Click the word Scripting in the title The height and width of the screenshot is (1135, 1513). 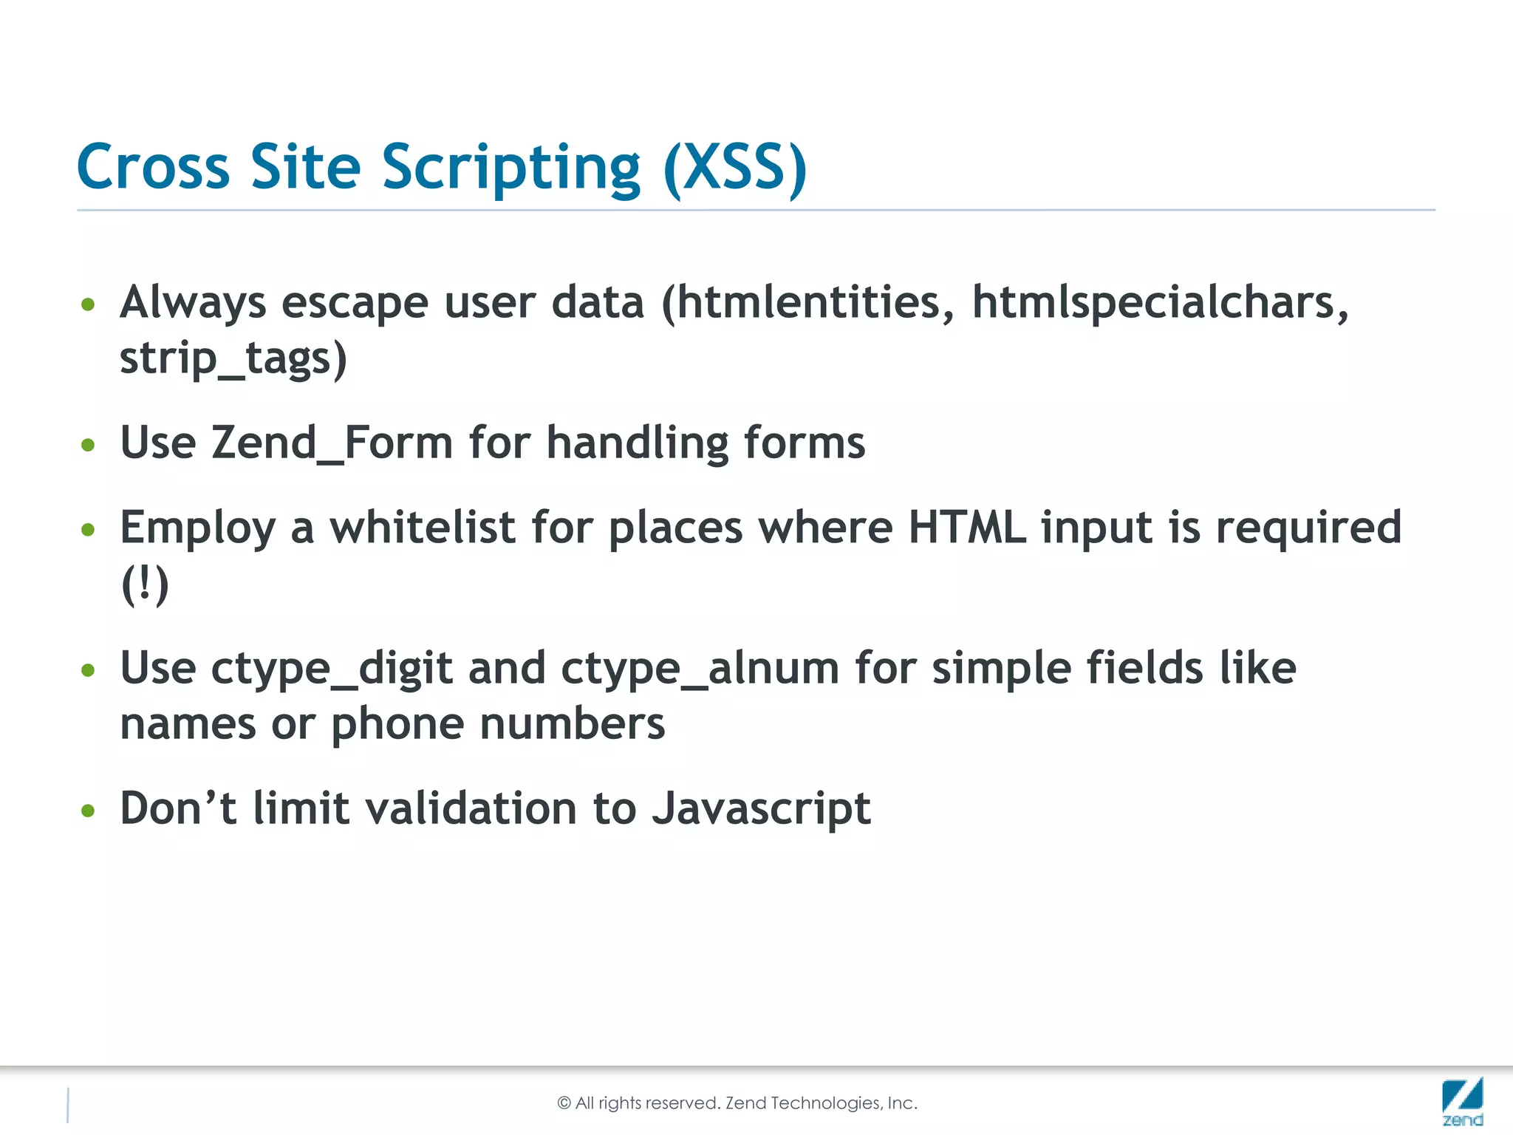click(x=510, y=168)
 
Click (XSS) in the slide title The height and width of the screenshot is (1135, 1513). click(x=735, y=168)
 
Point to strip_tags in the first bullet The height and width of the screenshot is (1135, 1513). click(x=233, y=359)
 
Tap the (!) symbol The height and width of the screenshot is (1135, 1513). click(x=145, y=584)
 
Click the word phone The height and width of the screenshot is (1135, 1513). click(x=397, y=724)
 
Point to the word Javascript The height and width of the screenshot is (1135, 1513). click(x=761, y=808)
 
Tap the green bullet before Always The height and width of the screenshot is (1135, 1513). click(x=89, y=304)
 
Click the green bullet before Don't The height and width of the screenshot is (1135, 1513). click(x=89, y=811)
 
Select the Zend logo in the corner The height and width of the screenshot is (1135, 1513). click(x=1462, y=1101)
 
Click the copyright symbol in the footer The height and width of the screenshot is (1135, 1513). click(x=564, y=1103)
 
